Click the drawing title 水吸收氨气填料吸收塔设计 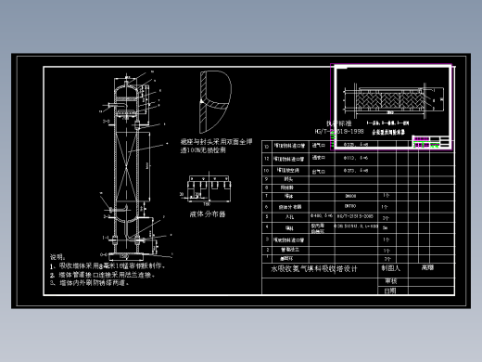pyautogui.click(x=312, y=268)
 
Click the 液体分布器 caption pyautogui.click(x=208, y=213)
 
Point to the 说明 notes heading pyautogui.click(x=57, y=257)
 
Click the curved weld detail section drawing pyautogui.click(x=213, y=97)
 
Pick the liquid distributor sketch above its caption pyautogui.click(x=208, y=189)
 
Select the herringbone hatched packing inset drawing pyautogui.click(x=384, y=97)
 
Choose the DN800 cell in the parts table pyautogui.click(x=325, y=196)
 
